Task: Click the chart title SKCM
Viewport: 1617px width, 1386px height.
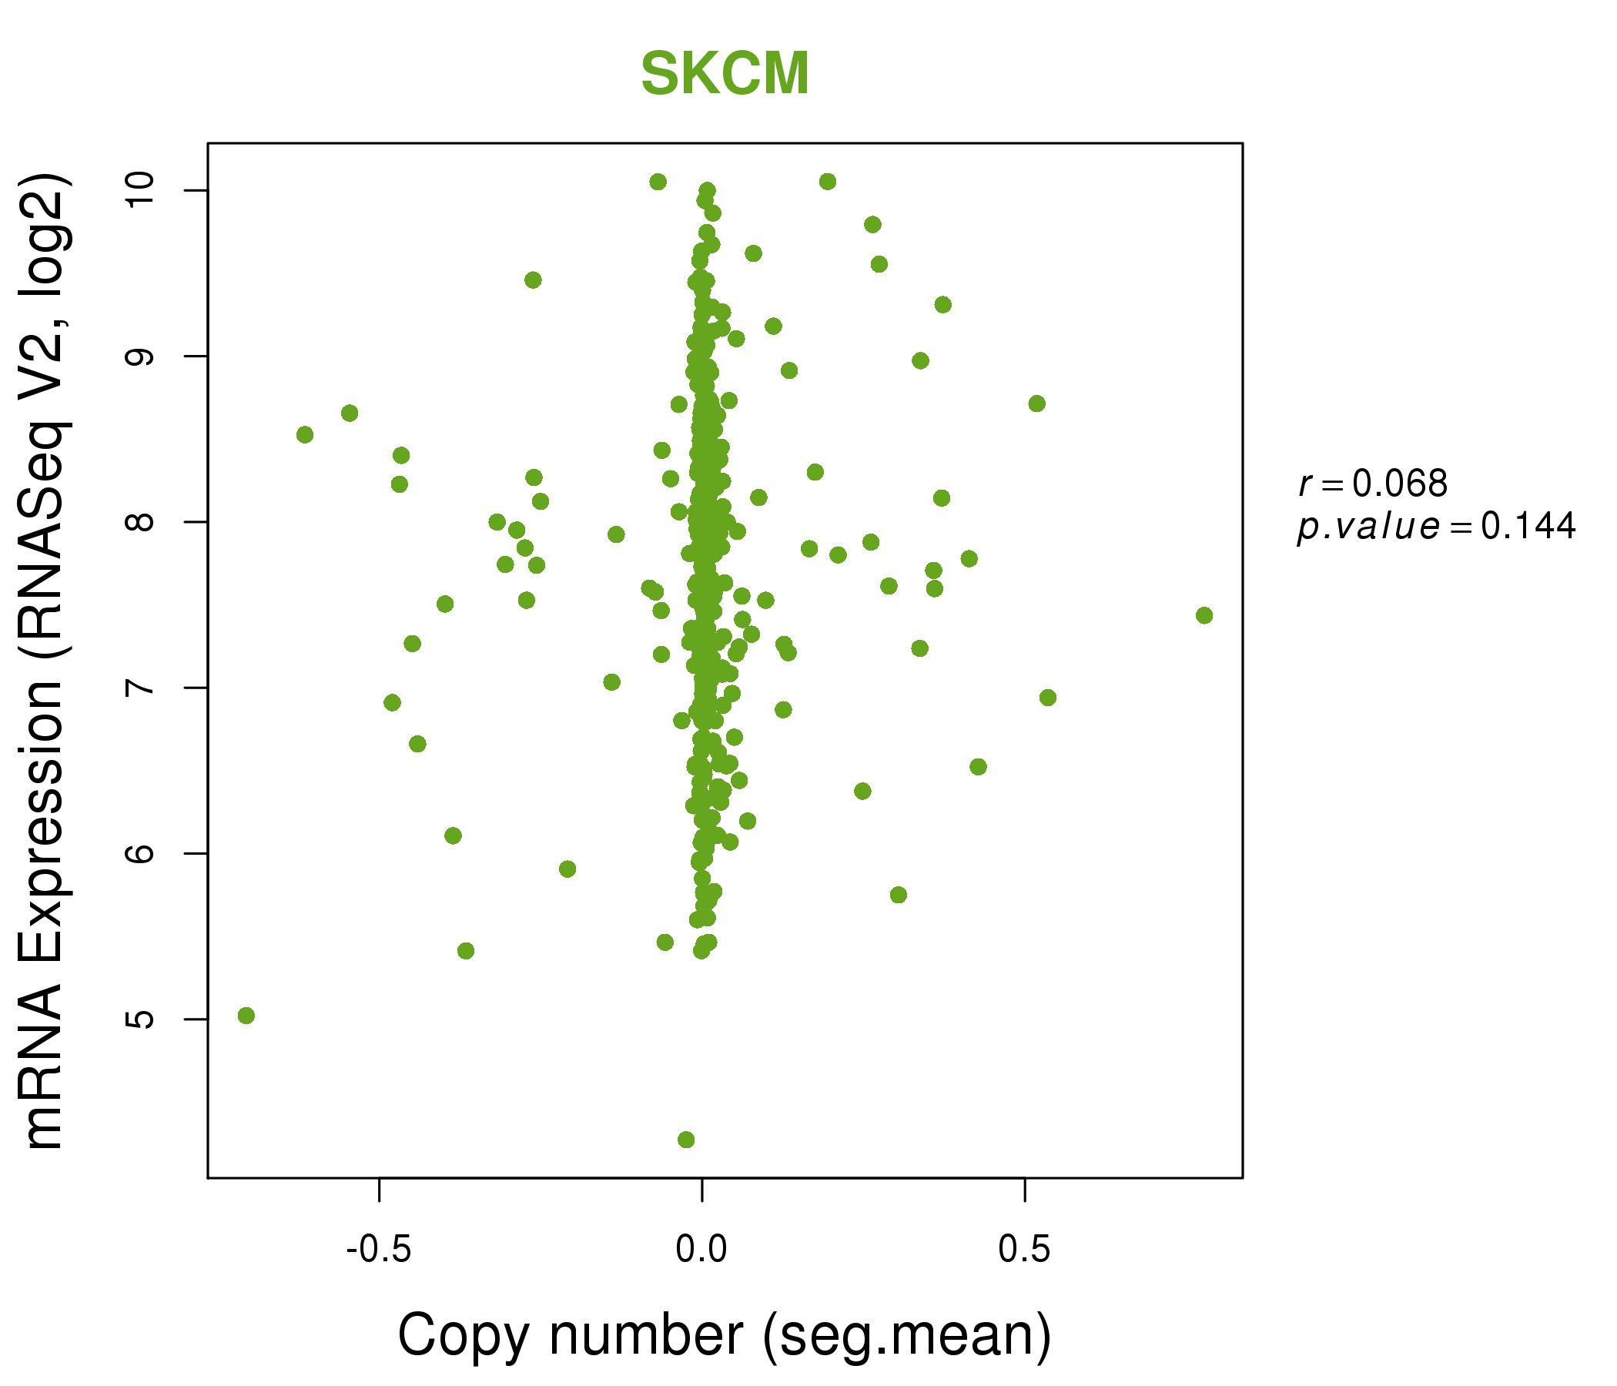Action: pyautogui.click(x=725, y=74)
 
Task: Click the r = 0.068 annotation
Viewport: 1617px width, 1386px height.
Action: pyautogui.click(x=1373, y=484)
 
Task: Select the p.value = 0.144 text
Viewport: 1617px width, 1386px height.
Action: pyautogui.click(x=1436, y=527)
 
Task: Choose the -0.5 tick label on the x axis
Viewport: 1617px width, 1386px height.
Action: pyautogui.click(x=379, y=1250)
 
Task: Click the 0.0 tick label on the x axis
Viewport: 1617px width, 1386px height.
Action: pyautogui.click(x=701, y=1250)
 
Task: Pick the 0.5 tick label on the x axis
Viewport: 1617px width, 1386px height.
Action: pyautogui.click(x=1024, y=1250)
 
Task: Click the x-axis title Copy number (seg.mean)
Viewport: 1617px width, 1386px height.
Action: pyautogui.click(x=725, y=1335)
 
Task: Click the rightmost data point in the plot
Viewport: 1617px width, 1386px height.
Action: pyautogui.click(x=1204, y=616)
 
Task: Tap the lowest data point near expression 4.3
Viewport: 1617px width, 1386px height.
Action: pyautogui.click(x=686, y=1140)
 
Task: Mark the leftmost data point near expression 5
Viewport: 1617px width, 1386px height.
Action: pyautogui.click(x=246, y=1016)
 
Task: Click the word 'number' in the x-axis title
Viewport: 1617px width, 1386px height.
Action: pyautogui.click(x=645, y=1334)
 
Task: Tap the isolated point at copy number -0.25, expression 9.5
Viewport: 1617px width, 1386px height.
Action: pyautogui.click(x=533, y=280)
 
